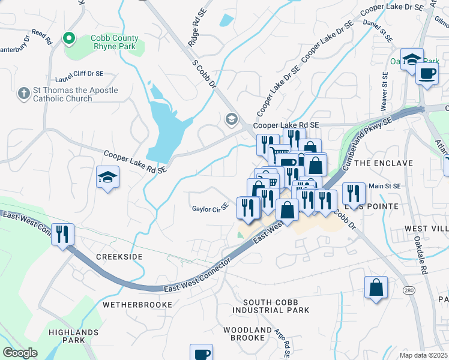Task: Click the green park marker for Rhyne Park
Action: (69, 40)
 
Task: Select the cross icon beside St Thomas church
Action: (23, 94)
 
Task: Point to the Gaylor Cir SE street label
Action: (210, 209)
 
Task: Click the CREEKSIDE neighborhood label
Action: (119, 257)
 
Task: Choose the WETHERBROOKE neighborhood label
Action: (137, 305)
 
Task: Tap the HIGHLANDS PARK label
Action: (74, 336)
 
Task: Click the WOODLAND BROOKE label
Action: (247, 334)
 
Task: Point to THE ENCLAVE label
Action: (384, 163)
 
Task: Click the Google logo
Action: (20, 352)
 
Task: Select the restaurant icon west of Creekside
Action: (62, 234)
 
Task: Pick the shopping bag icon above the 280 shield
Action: (376, 287)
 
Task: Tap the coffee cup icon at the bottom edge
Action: (201, 353)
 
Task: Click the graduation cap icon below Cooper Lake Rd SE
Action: (107, 177)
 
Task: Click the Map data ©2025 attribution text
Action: (423, 355)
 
